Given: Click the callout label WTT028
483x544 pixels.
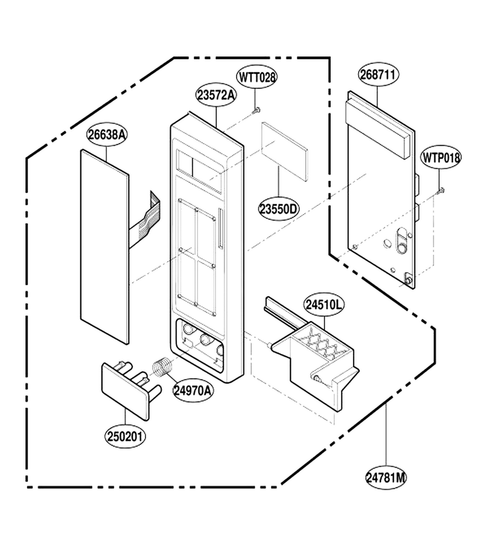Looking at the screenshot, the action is [257, 77].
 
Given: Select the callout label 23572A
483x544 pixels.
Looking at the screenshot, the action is [216, 95].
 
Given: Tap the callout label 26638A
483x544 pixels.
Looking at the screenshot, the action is [107, 135].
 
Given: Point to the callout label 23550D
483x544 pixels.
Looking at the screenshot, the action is [279, 209].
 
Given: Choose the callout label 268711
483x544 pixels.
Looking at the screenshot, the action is [378, 74].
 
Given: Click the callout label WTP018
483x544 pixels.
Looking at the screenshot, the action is [441, 157].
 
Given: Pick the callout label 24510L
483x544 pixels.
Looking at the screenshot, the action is [324, 305].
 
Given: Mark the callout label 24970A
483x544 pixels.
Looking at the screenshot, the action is [193, 390].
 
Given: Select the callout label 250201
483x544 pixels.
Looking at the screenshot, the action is [125, 436].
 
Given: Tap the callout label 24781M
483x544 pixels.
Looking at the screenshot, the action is [386, 478].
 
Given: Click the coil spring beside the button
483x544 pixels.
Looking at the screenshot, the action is [162, 368].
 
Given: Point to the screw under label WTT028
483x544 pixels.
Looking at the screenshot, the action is [257, 111].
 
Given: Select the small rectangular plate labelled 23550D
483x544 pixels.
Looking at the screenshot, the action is [285, 152].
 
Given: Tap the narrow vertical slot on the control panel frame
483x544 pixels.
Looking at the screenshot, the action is [220, 228].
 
